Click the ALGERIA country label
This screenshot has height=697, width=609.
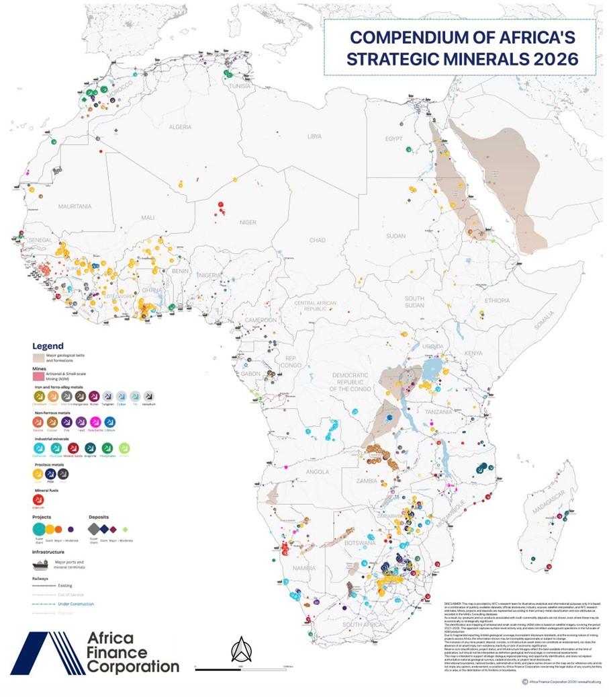[180, 126]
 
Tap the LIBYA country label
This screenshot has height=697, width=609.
[314, 136]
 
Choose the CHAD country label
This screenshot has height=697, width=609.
[317, 240]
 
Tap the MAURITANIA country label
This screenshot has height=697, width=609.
[75, 206]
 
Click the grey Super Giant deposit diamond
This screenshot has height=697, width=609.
[95, 529]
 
